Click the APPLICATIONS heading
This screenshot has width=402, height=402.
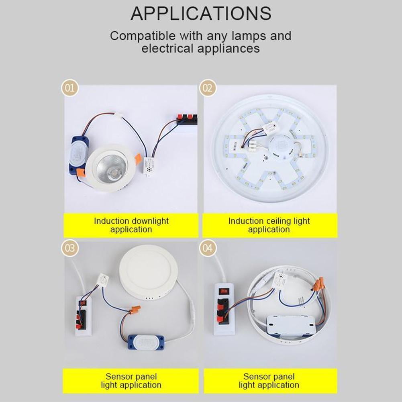pos(201,13)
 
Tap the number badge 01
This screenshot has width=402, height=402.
pos(69,88)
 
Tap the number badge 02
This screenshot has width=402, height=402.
pos(207,88)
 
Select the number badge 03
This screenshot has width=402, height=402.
pos(69,248)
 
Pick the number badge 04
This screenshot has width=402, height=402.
pos(207,248)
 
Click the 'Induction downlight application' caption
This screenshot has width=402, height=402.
pos(131,225)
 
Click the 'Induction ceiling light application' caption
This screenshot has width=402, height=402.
pos(269,225)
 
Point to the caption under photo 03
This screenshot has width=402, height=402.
pos(131,381)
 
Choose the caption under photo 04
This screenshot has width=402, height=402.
pos(269,381)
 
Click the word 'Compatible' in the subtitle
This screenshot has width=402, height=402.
pos(143,36)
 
